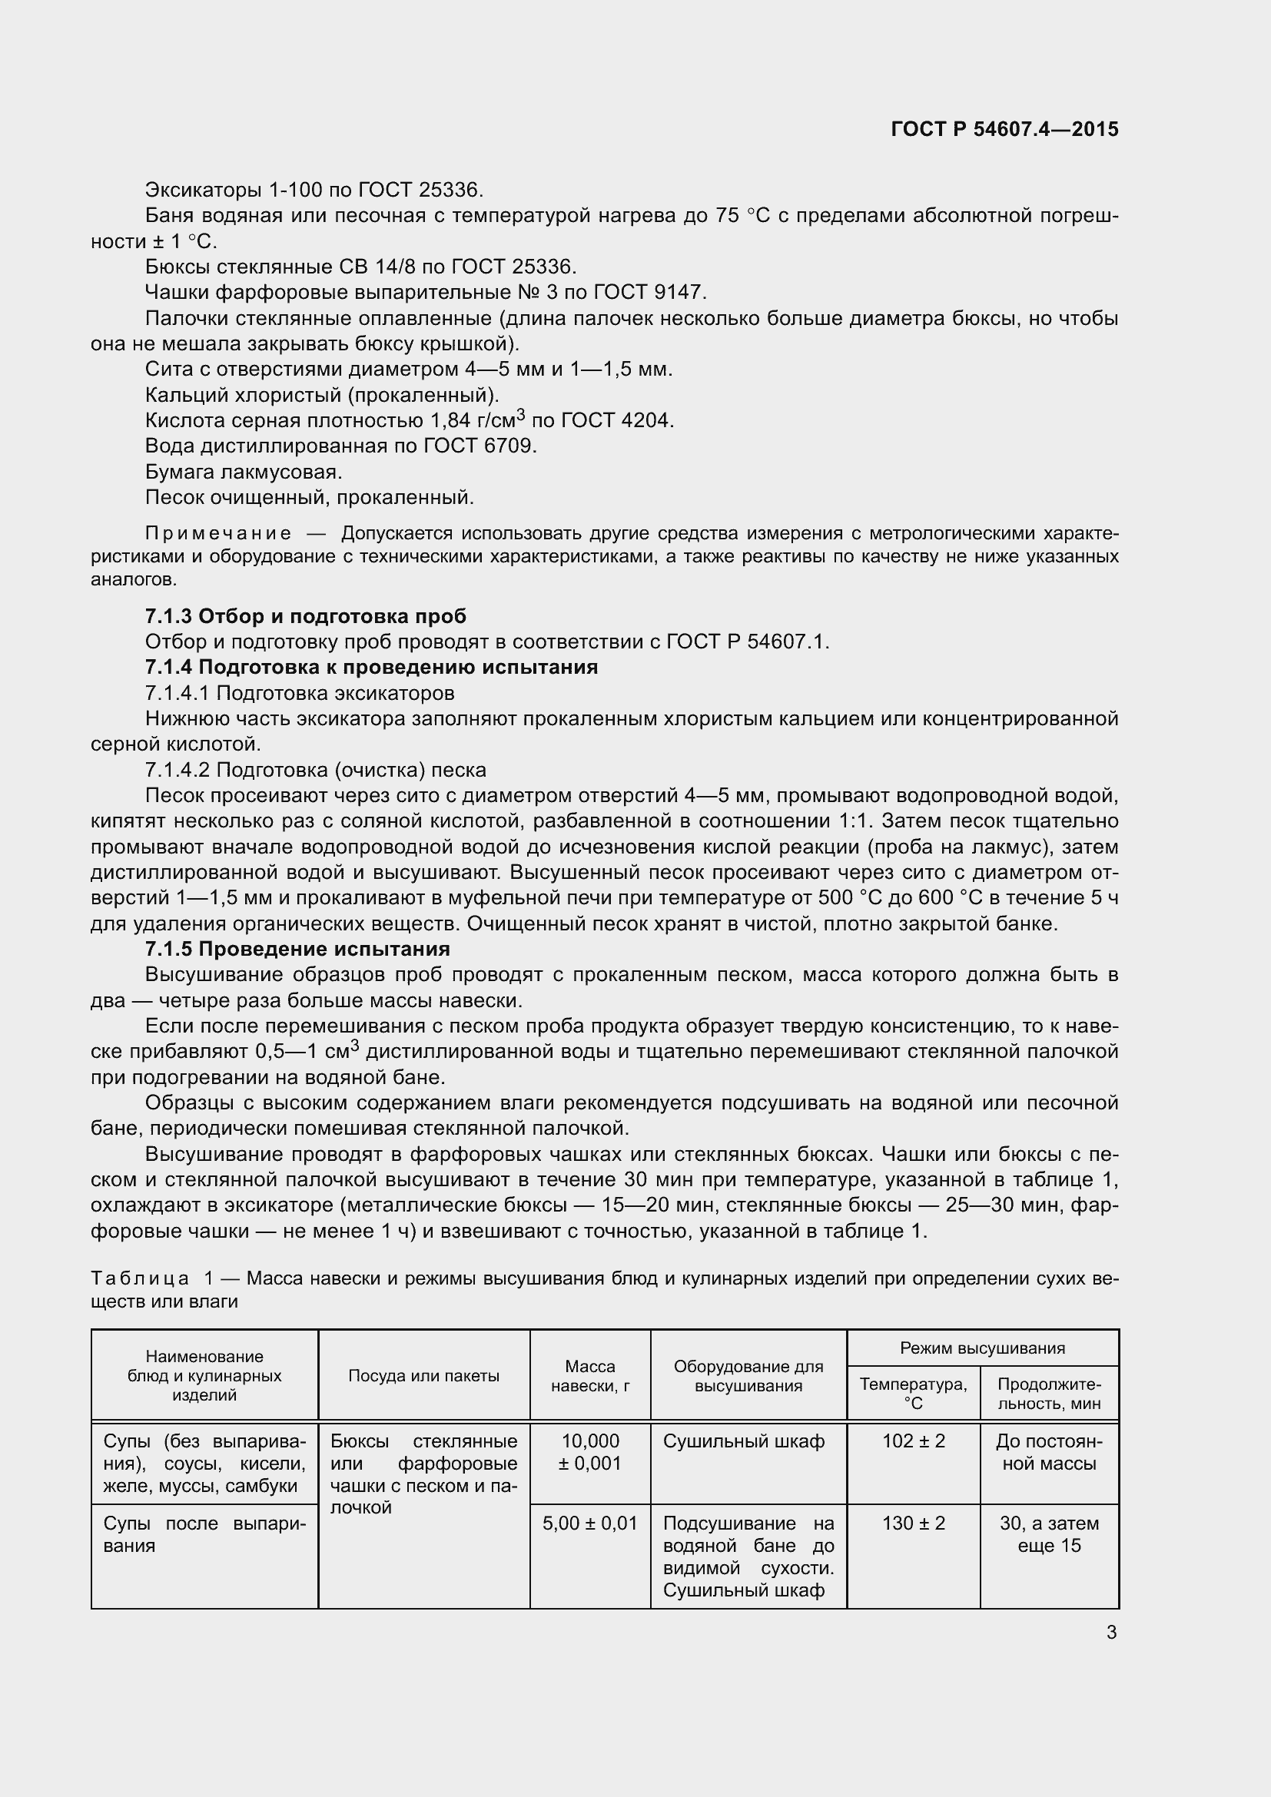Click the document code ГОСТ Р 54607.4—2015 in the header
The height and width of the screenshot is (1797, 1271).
(1004, 129)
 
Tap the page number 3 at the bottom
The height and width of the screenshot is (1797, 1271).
(1111, 1633)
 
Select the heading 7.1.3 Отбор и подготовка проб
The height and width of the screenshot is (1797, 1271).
(305, 616)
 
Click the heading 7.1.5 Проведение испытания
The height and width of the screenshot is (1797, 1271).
(297, 949)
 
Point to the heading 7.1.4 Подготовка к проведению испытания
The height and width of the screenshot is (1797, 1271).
(371, 667)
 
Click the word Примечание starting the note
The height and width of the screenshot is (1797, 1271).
(218, 534)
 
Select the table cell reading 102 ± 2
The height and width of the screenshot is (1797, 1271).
(913, 1441)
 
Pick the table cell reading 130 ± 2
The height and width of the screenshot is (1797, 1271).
(913, 1523)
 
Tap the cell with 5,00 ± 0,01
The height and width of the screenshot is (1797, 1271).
(590, 1523)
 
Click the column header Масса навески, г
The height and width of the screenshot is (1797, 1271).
(590, 1376)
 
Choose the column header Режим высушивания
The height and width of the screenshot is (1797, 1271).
(982, 1348)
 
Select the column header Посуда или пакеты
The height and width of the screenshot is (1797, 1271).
(423, 1376)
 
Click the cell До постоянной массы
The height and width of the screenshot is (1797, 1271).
(1049, 1452)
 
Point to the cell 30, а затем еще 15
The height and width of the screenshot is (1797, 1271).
(1049, 1534)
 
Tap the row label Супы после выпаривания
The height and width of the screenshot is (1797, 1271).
(204, 1534)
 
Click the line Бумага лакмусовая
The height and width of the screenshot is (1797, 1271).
(244, 472)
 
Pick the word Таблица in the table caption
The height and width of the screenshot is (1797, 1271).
(140, 1279)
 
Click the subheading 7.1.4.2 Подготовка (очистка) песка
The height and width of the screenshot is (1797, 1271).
(315, 769)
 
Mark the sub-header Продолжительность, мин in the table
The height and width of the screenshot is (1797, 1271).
(1049, 1394)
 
